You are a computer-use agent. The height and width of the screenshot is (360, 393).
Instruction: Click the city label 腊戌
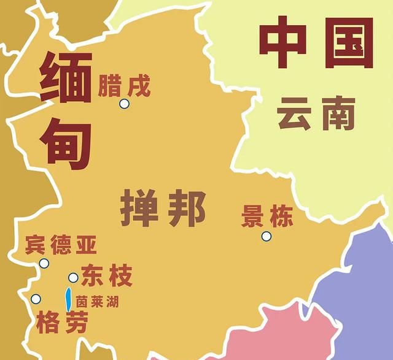click(124, 85)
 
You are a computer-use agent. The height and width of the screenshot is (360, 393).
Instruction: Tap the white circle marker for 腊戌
click(124, 104)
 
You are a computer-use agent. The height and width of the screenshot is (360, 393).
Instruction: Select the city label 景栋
click(267, 216)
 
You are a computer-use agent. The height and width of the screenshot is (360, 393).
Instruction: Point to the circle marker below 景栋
click(266, 236)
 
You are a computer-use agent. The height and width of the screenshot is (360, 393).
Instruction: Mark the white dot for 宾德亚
click(44, 264)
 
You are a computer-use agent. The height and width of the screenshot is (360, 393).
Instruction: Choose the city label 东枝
click(106, 277)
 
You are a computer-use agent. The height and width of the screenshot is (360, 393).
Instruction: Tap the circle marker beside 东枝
click(73, 277)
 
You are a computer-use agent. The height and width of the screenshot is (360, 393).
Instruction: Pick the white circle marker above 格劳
click(36, 299)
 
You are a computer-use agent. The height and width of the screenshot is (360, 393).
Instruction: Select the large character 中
click(286, 42)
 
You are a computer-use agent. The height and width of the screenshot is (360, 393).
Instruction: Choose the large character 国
click(348, 42)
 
